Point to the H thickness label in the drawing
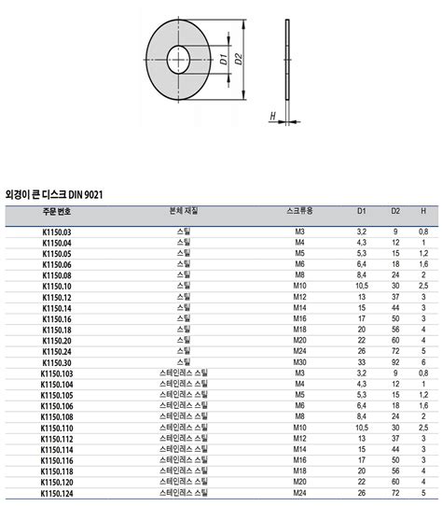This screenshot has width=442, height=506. pyautogui.click(x=270, y=117)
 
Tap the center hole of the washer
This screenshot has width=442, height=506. pyautogui.click(x=192, y=58)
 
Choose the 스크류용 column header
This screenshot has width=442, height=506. pyautogui.click(x=300, y=212)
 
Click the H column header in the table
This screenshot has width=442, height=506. pyautogui.click(x=423, y=212)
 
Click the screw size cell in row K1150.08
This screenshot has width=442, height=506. pyautogui.click(x=299, y=274)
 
